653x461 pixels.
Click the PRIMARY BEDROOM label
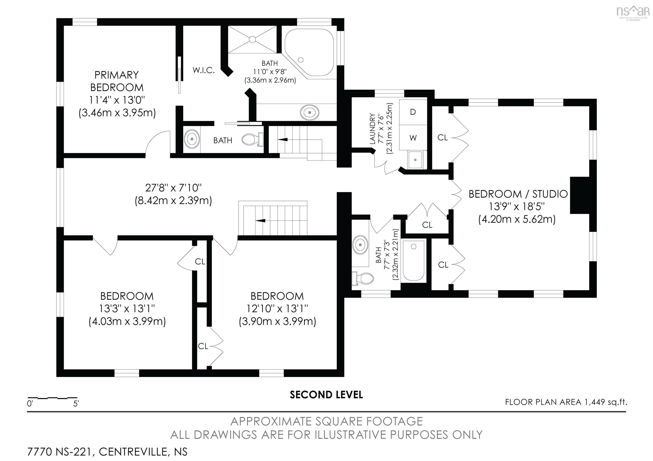[117, 81]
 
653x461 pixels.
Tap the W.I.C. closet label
[204, 70]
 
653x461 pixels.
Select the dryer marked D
[413, 112]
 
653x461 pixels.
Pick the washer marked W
[413, 138]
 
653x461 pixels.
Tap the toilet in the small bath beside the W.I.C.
[252, 139]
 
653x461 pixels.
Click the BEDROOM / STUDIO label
[518, 194]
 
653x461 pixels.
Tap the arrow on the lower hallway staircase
[260, 220]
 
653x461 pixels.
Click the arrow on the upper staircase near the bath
[282, 140]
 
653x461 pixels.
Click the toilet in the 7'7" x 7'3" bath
[363, 279]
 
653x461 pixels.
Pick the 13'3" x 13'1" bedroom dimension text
[127, 309]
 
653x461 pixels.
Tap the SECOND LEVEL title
[326, 395]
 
